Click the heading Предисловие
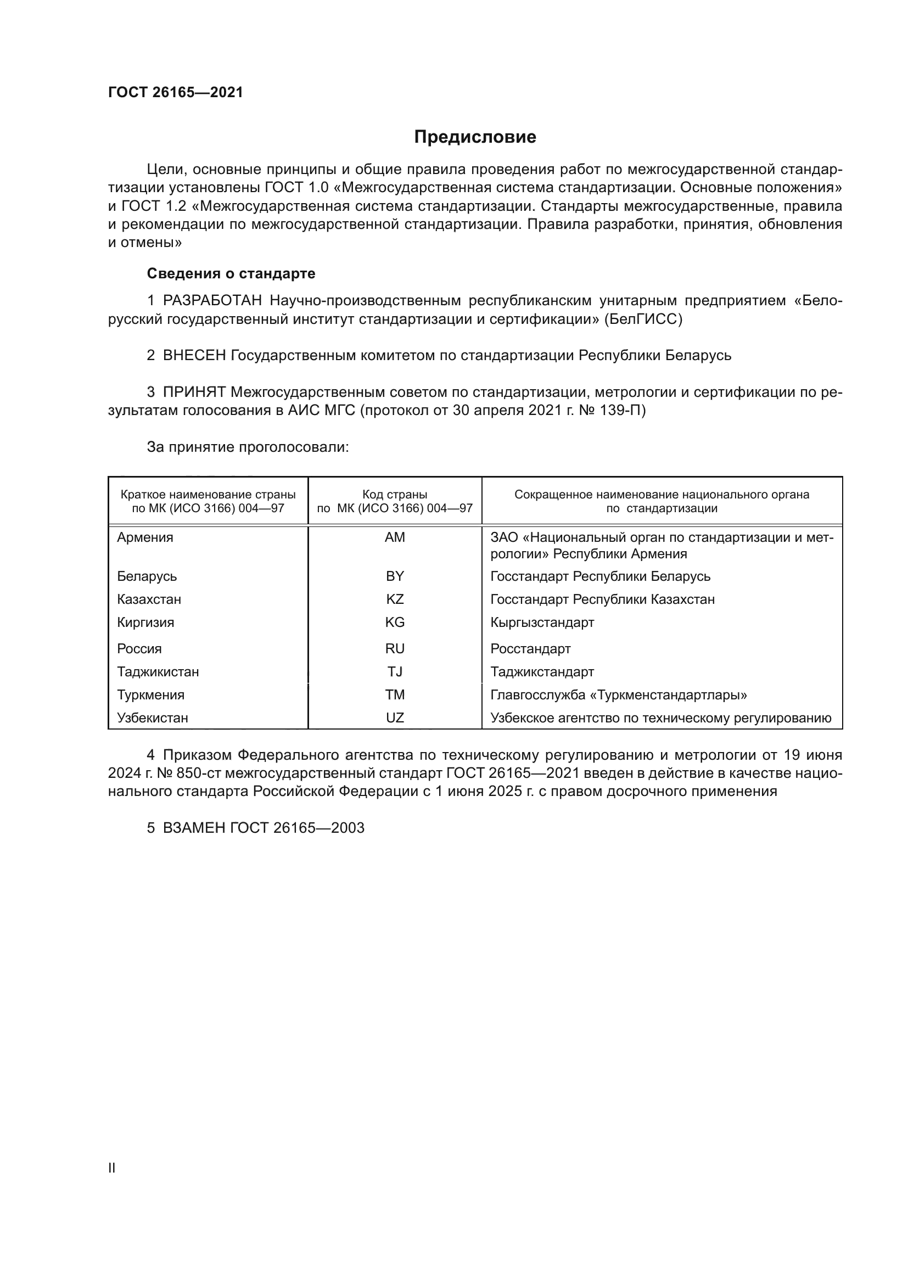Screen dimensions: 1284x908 (475, 137)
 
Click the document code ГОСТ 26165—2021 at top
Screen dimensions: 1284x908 (176, 92)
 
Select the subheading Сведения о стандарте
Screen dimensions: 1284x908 (231, 273)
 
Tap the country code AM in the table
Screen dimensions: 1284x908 (395, 537)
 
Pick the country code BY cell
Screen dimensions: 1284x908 (395, 576)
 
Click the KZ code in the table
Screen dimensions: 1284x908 (395, 599)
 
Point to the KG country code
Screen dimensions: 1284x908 (395, 623)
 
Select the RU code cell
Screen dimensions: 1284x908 (395, 649)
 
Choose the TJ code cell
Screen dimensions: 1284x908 (395, 671)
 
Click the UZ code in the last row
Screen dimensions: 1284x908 (395, 718)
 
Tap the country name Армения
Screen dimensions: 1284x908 (145, 537)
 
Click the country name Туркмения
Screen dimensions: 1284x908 (151, 695)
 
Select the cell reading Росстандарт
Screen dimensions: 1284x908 (531, 649)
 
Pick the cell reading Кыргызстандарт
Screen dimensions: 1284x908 (542, 623)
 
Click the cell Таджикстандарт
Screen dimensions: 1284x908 (542, 671)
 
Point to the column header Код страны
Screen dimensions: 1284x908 (395, 495)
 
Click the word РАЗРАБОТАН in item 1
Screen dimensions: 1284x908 (212, 301)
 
